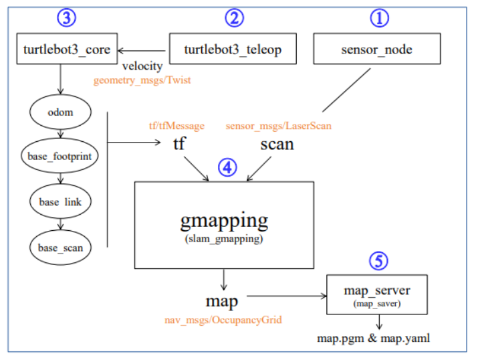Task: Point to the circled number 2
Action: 233,19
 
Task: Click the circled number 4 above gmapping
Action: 227,167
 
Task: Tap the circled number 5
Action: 379,261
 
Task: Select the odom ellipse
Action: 62,112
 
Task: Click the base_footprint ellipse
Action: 62,157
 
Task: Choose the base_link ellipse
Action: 62,202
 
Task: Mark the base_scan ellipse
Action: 62,248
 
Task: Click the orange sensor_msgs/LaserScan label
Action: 278,125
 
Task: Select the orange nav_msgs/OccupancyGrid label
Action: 224,321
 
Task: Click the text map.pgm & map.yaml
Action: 373,338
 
